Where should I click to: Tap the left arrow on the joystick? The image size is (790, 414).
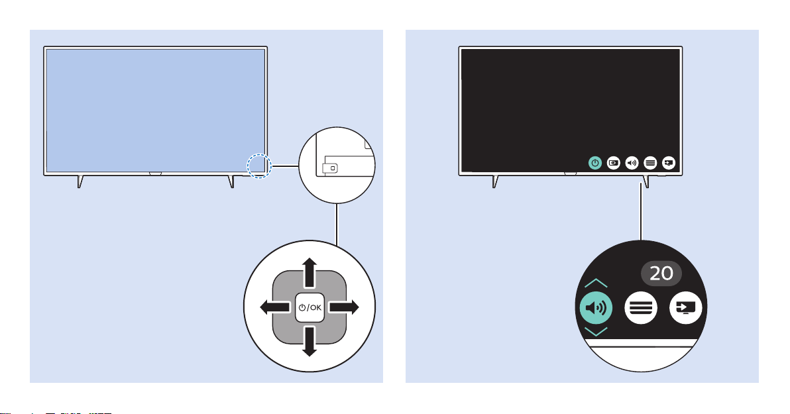275,307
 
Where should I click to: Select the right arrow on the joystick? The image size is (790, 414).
343,307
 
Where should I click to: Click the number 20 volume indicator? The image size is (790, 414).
661,274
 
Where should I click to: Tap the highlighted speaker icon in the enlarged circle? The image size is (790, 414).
596,307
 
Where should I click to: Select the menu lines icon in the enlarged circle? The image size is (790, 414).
641,307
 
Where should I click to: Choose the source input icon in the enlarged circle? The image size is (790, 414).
686,307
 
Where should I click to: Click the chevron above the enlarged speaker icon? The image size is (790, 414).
596,283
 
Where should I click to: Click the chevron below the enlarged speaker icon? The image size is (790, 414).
596,331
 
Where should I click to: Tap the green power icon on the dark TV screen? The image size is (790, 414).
595,163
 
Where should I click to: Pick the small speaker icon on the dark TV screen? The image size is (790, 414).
632,163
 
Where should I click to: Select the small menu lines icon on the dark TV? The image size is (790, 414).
650,163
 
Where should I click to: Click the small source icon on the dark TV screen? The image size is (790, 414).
669,163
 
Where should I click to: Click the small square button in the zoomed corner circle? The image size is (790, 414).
333,168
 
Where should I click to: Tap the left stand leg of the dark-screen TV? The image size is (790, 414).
495,181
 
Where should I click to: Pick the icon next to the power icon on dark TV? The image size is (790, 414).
614,163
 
